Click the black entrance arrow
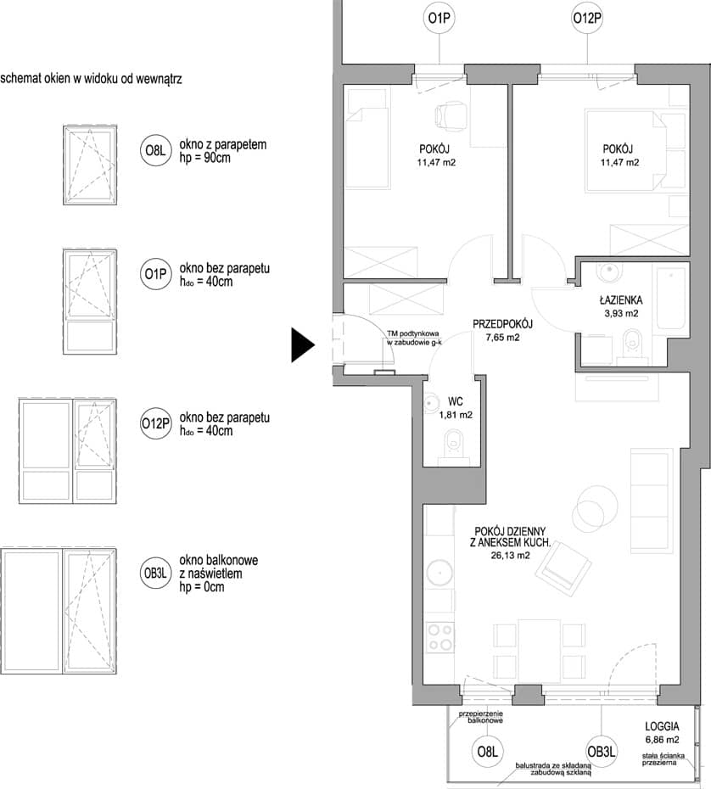click(302, 344)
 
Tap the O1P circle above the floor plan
click(439, 19)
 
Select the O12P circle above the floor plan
click(587, 19)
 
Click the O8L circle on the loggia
click(487, 752)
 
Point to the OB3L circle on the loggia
click(602, 752)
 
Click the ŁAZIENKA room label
click(621, 300)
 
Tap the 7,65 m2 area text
click(502, 338)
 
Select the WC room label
click(456, 401)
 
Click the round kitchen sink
click(439, 572)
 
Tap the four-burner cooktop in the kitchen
click(439, 637)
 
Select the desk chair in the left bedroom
click(450, 116)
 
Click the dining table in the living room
click(540, 650)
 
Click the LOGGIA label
click(662, 726)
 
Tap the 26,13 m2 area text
click(510, 556)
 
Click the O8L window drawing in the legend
click(90, 165)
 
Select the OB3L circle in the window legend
click(155, 574)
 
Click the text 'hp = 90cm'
click(205, 158)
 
